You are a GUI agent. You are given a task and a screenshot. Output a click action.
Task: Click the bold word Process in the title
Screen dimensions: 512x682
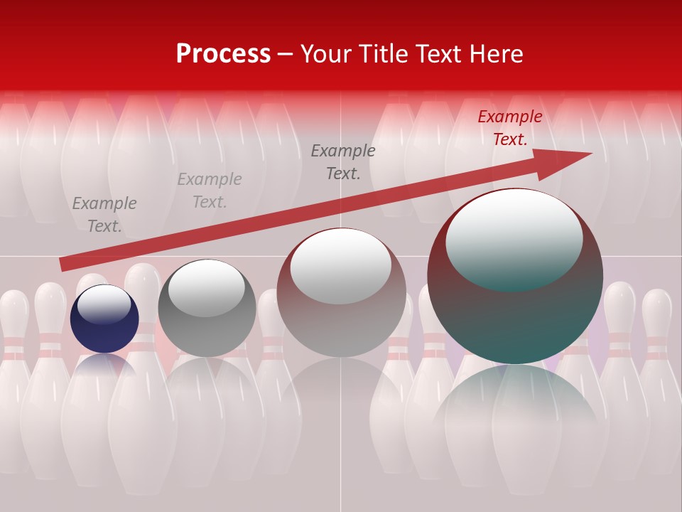click(x=223, y=53)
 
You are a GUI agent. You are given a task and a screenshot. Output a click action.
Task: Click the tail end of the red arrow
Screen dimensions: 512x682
click(x=65, y=264)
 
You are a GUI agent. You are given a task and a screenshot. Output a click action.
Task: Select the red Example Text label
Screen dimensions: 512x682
click(x=509, y=128)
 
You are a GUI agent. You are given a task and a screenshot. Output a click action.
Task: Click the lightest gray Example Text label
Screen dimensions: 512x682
click(x=210, y=191)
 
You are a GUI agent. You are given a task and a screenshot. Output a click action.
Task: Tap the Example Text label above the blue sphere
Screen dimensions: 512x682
click(x=104, y=215)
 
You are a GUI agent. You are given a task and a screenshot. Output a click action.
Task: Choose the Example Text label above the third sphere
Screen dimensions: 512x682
click(x=343, y=162)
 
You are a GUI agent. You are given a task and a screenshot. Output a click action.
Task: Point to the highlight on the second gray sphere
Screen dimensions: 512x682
click(x=206, y=288)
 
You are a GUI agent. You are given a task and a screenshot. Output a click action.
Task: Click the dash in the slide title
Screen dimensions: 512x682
click(x=285, y=54)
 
